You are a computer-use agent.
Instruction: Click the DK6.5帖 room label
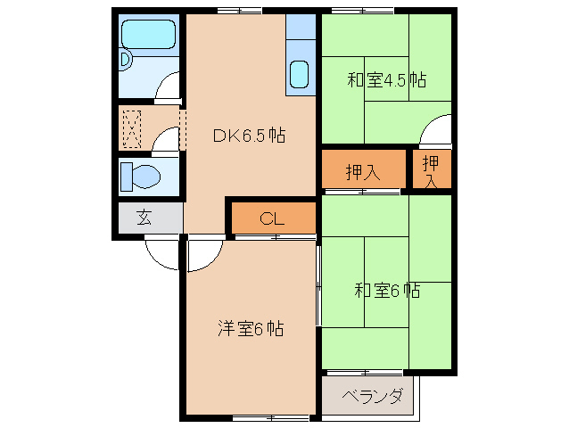(248, 136)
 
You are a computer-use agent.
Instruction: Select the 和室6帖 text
(386, 290)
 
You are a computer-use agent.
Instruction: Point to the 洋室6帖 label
(251, 329)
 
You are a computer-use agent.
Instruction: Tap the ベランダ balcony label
(372, 397)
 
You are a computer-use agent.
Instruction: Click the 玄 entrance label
(143, 217)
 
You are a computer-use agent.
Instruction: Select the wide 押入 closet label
(363, 172)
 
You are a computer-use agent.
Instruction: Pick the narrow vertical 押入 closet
(431, 170)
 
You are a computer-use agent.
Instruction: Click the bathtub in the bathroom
(150, 35)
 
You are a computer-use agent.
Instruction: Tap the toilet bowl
(143, 175)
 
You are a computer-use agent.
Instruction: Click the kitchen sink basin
(301, 73)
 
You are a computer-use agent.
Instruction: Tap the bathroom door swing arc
(168, 90)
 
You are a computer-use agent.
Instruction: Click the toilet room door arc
(166, 140)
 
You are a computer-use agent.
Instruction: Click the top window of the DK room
(239, 10)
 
